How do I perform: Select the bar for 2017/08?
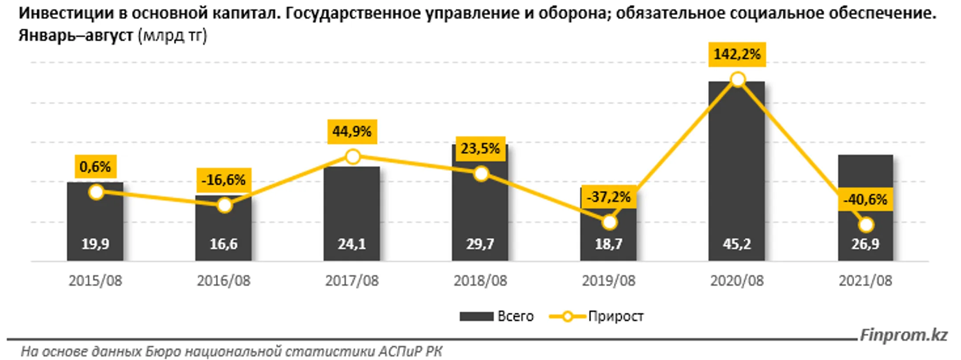(x=351, y=209)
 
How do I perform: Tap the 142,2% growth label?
(x=737, y=54)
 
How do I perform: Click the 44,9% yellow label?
(x=352, y=132)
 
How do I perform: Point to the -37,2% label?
(x=609, y=197)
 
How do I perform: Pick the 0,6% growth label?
(x=95, y=167)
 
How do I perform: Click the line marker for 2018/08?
(x=480, y=174)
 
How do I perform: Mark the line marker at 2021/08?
(x=866, y=225)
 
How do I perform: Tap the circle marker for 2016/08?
(x=224, y=206)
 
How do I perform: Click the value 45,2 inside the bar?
(x=737, y=244)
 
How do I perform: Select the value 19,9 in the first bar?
(x=95, y=244)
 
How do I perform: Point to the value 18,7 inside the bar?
(x=609, y=244)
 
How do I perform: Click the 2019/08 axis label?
(x=609, y=281)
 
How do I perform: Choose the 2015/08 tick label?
(x=95, y=281)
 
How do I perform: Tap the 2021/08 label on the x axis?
(x=865, y=281)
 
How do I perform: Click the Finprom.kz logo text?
(x=903, y=335)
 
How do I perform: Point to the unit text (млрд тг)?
(x=172, y=35)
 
